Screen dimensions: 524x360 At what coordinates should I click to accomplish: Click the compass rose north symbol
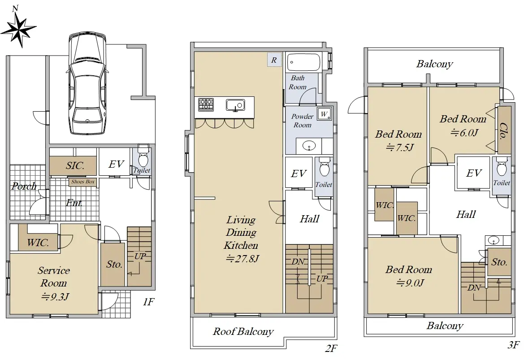18,28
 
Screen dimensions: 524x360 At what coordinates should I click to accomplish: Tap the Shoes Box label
83,182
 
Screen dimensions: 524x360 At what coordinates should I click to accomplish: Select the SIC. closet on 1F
74,165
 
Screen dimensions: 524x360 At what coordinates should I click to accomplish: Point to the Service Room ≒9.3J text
54,283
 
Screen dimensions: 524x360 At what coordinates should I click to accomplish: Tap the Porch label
24,186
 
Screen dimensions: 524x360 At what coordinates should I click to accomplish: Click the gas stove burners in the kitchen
206,104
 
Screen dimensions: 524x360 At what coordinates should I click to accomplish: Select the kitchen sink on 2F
235,105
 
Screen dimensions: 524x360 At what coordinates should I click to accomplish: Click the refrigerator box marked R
274,60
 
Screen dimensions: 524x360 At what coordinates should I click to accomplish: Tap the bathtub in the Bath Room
303,62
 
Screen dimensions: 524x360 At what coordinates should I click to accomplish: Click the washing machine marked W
324,114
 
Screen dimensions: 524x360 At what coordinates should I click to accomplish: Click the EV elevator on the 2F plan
299,173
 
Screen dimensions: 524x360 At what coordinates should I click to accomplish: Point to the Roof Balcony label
243,331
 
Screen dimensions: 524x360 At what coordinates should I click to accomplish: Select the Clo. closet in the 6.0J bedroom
504,130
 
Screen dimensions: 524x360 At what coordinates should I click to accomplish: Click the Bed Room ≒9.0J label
409,276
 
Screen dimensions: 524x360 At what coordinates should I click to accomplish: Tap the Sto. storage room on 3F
499,262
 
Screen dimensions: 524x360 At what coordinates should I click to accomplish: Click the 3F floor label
513,345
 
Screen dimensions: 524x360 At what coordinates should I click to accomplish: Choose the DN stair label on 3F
474,287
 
